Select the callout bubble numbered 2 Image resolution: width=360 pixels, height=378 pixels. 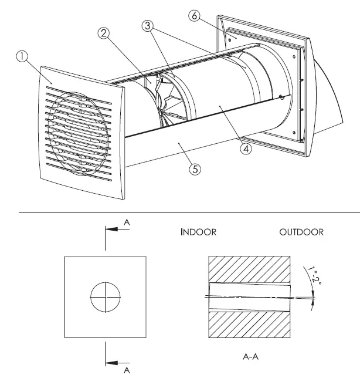[x=105, y=34]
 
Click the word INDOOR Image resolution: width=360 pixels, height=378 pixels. [x=198, y=232]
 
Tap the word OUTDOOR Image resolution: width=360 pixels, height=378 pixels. [x=301, y=232]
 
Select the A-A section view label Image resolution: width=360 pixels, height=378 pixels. [x=250, y=356]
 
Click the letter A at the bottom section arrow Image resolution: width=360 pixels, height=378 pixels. [x=127, y=370]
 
